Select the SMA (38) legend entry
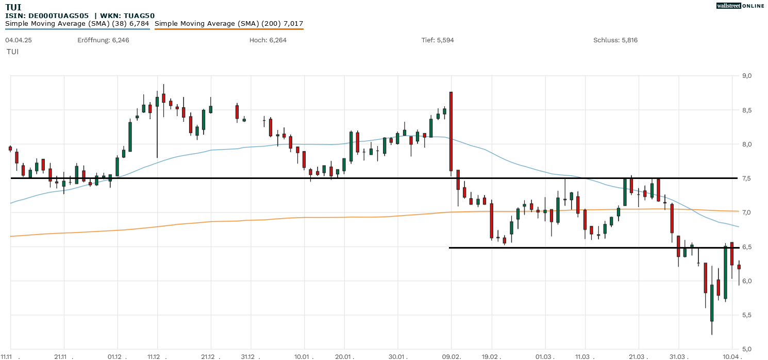click(77, 24)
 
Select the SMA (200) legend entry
click(229, 24)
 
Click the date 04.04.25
click(19, 40)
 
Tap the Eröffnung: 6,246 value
click(103, 40)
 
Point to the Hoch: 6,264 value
click(268, 40)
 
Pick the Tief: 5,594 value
click(438, 40)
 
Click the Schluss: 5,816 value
click(615, 40)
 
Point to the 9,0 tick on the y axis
click(747, 76)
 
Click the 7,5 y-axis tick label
click(747, 178)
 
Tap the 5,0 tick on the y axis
click(747, 349)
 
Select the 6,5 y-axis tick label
click(747, 247)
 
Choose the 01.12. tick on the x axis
click(115, 356)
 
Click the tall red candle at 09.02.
click(451, 131)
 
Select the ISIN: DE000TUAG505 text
click(47, 15)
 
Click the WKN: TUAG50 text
click(127, 15)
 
